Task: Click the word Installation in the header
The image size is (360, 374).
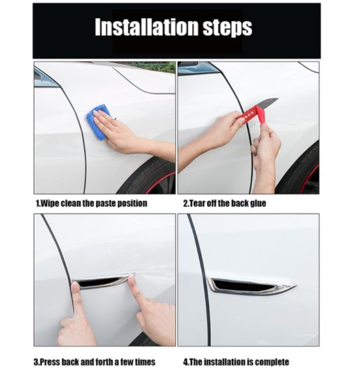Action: coord(146,27)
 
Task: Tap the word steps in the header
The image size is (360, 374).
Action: coord(227,28)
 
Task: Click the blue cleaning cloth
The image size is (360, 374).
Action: coord(99,122)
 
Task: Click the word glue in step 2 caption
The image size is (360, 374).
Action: coord(258,203)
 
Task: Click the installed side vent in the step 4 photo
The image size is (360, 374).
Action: coord(251,286)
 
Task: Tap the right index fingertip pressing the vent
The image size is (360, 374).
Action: coord(132,280)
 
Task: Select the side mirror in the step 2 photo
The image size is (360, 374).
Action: coord(194,67)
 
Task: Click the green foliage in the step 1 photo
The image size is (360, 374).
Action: coord(153,66)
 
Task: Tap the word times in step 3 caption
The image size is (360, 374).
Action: coord(145,362)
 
